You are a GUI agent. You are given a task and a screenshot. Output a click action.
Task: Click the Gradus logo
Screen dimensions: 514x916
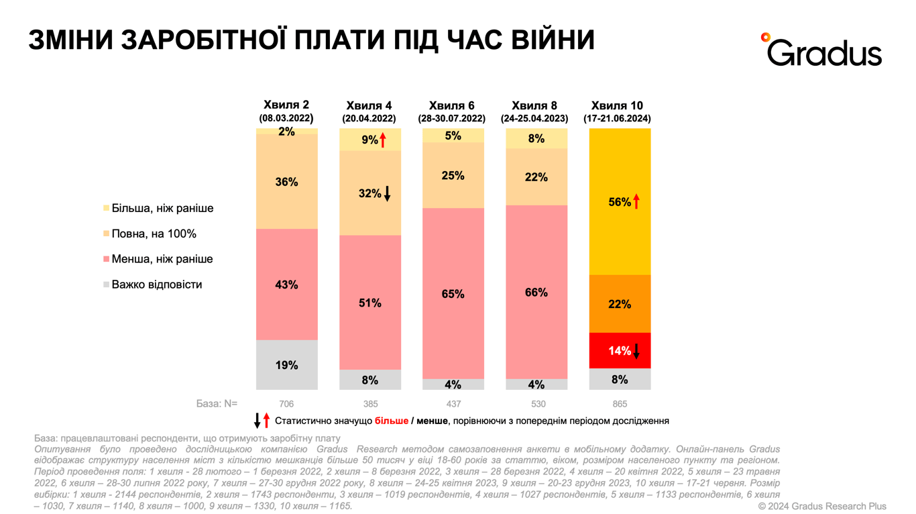[x=823, y=50]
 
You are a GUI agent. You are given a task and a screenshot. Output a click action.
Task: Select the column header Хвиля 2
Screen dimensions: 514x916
[x=286, y=105]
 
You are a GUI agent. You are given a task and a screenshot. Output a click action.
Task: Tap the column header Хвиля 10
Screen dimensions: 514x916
[x=617, y=106]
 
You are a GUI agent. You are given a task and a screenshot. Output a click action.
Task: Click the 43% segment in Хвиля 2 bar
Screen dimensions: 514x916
[x=286, y=285]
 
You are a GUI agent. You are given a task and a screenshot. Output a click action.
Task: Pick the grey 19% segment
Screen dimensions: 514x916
[x=286, y=365]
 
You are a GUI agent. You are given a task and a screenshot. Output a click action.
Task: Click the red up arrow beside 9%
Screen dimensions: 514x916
[x=383, y=140]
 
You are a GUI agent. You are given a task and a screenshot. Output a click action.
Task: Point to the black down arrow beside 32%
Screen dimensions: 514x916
[x=387, y=194]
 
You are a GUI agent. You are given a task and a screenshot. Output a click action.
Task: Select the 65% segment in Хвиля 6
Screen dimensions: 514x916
[x=453, y=294]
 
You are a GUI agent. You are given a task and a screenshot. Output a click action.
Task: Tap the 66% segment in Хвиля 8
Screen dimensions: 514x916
[x=536, y=293]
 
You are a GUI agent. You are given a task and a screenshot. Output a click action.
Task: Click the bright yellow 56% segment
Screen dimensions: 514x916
[x=620, y=201]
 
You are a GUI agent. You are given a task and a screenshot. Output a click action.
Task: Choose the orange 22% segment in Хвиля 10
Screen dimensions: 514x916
[x=620, y=304]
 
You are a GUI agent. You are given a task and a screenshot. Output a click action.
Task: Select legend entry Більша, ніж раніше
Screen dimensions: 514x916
[x=162, y=208]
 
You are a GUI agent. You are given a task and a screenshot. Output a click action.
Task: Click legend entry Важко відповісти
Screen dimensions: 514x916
[x=156, y=285]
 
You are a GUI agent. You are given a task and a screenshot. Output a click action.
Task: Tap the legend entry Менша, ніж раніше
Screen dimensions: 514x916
[x=162, y=259]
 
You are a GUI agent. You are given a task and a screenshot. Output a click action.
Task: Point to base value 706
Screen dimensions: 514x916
[x=286, y=404]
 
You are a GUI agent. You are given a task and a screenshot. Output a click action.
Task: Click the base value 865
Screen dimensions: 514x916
[x=620, y=404]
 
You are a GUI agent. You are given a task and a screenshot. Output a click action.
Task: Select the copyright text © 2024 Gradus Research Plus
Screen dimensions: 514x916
[x=822, y=506]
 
